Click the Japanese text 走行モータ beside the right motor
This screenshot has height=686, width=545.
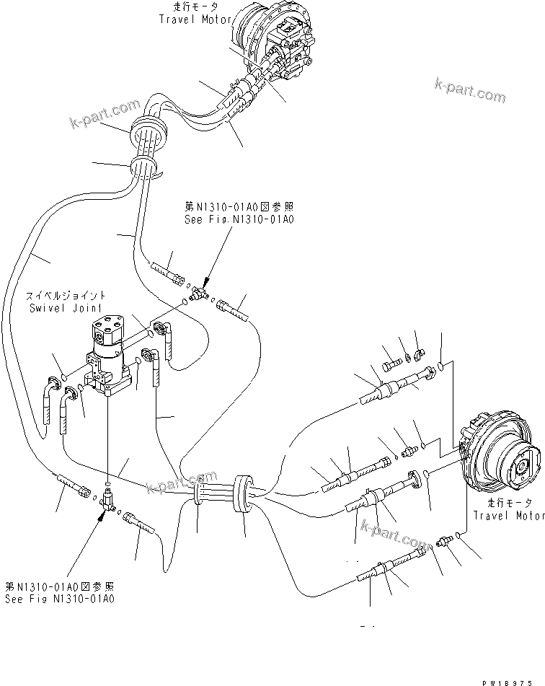tap(508, 503)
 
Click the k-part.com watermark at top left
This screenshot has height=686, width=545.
tap(105, 113)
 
